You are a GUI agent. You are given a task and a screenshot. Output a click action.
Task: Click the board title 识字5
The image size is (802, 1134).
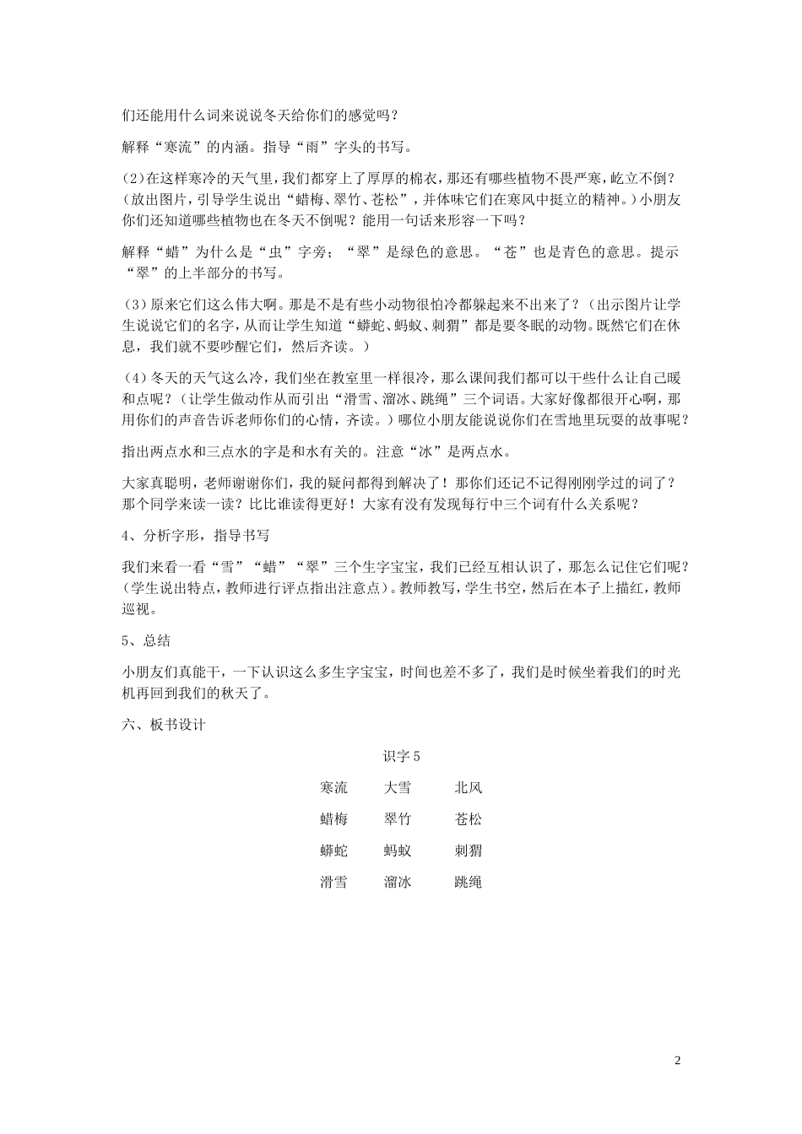[401, 757]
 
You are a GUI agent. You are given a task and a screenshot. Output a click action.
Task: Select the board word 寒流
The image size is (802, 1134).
[333, 788]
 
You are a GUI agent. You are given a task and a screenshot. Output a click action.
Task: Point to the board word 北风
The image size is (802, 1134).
[468, 788]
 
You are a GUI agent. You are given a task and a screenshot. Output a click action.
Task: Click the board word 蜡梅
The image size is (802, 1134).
[333, 819]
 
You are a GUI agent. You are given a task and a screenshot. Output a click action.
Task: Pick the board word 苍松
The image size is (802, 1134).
[468, 819]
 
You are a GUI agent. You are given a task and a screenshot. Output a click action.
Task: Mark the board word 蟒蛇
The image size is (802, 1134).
[333, 850]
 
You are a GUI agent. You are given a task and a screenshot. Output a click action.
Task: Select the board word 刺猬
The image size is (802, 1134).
[468, 850]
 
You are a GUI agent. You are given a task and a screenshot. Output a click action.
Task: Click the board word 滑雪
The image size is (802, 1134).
[333, 883]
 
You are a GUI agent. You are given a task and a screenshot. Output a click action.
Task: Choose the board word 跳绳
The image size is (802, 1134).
[468, 883]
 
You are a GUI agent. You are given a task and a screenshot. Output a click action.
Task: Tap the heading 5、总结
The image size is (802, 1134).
[146, 641]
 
